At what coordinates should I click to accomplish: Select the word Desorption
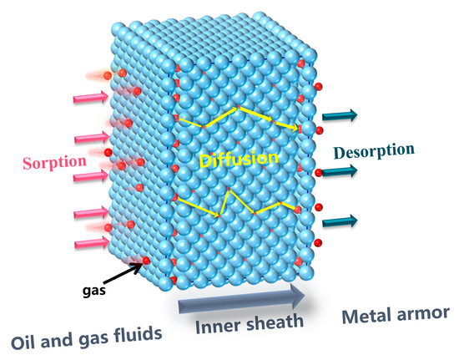pyautogui.click(x=375, y=151)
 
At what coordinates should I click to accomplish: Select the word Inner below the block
pyautogui.click(x=207, y=326)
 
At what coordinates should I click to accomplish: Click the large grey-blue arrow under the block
pyautogui.click(x=242, y=299)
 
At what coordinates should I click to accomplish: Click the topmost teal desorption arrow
pyautogui.click(x=341, y=115)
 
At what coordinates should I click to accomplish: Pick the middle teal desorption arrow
pyautogui.click(x=341, y=170)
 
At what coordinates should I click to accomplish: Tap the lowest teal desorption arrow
pyautogui.click(x=341, y=221)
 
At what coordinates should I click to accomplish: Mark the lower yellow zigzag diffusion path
pyautogui.click(x=242, y=205)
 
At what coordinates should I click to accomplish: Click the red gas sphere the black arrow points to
pyautogui.click(x=147, y=262)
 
